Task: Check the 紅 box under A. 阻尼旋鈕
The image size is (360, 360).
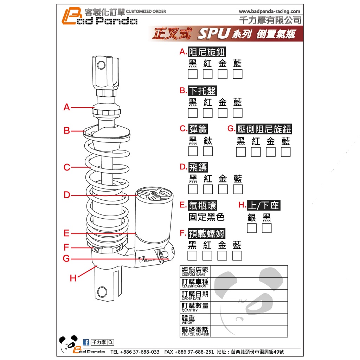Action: (207, 74)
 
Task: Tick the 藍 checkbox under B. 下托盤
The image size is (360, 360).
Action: (238, 113)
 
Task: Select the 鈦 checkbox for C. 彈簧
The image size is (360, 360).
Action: (208, 151)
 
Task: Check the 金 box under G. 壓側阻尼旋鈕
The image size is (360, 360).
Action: (271, 152)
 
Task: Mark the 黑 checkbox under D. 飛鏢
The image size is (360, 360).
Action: (193, 189)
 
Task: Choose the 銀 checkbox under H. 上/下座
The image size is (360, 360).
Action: (252, 228)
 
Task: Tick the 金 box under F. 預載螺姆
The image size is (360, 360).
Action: (222, 256)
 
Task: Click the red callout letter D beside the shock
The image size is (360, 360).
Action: (67, 195)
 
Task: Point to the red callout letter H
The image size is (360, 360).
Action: (73, 278)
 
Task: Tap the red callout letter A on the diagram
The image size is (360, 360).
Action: (67, 107)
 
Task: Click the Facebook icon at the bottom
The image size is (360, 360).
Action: (86, 342)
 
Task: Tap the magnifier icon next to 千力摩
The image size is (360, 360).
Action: (111, 342)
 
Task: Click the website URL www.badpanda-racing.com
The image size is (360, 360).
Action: (270, 12)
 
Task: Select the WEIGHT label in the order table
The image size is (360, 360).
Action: (188, 323)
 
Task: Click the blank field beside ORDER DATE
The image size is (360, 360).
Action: (249, 295)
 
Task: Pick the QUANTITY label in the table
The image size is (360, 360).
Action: (189, 310)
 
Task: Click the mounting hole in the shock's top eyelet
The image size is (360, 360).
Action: (101, 65)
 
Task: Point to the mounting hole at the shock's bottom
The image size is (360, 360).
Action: (102, 292)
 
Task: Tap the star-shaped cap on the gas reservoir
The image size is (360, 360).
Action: (154, 195)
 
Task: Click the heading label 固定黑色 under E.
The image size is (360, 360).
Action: (206, 217)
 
